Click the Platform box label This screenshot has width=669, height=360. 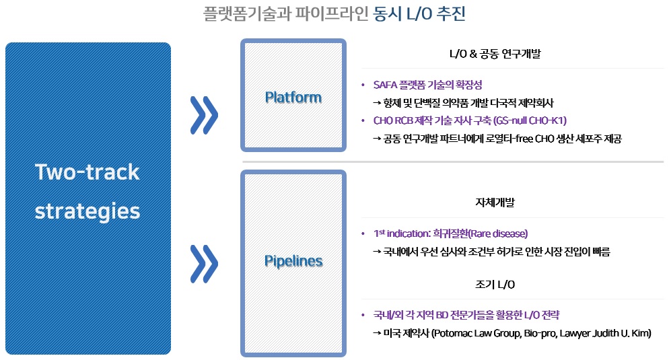293,98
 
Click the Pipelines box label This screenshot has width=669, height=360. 293,261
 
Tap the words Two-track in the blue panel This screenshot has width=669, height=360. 87,172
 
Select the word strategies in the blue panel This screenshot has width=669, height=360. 87,211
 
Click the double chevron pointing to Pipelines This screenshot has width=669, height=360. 204,262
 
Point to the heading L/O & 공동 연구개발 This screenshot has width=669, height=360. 495,55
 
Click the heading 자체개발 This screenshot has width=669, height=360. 495,202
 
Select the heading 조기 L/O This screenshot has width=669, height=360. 495,284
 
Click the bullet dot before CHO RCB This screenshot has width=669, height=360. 363,121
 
